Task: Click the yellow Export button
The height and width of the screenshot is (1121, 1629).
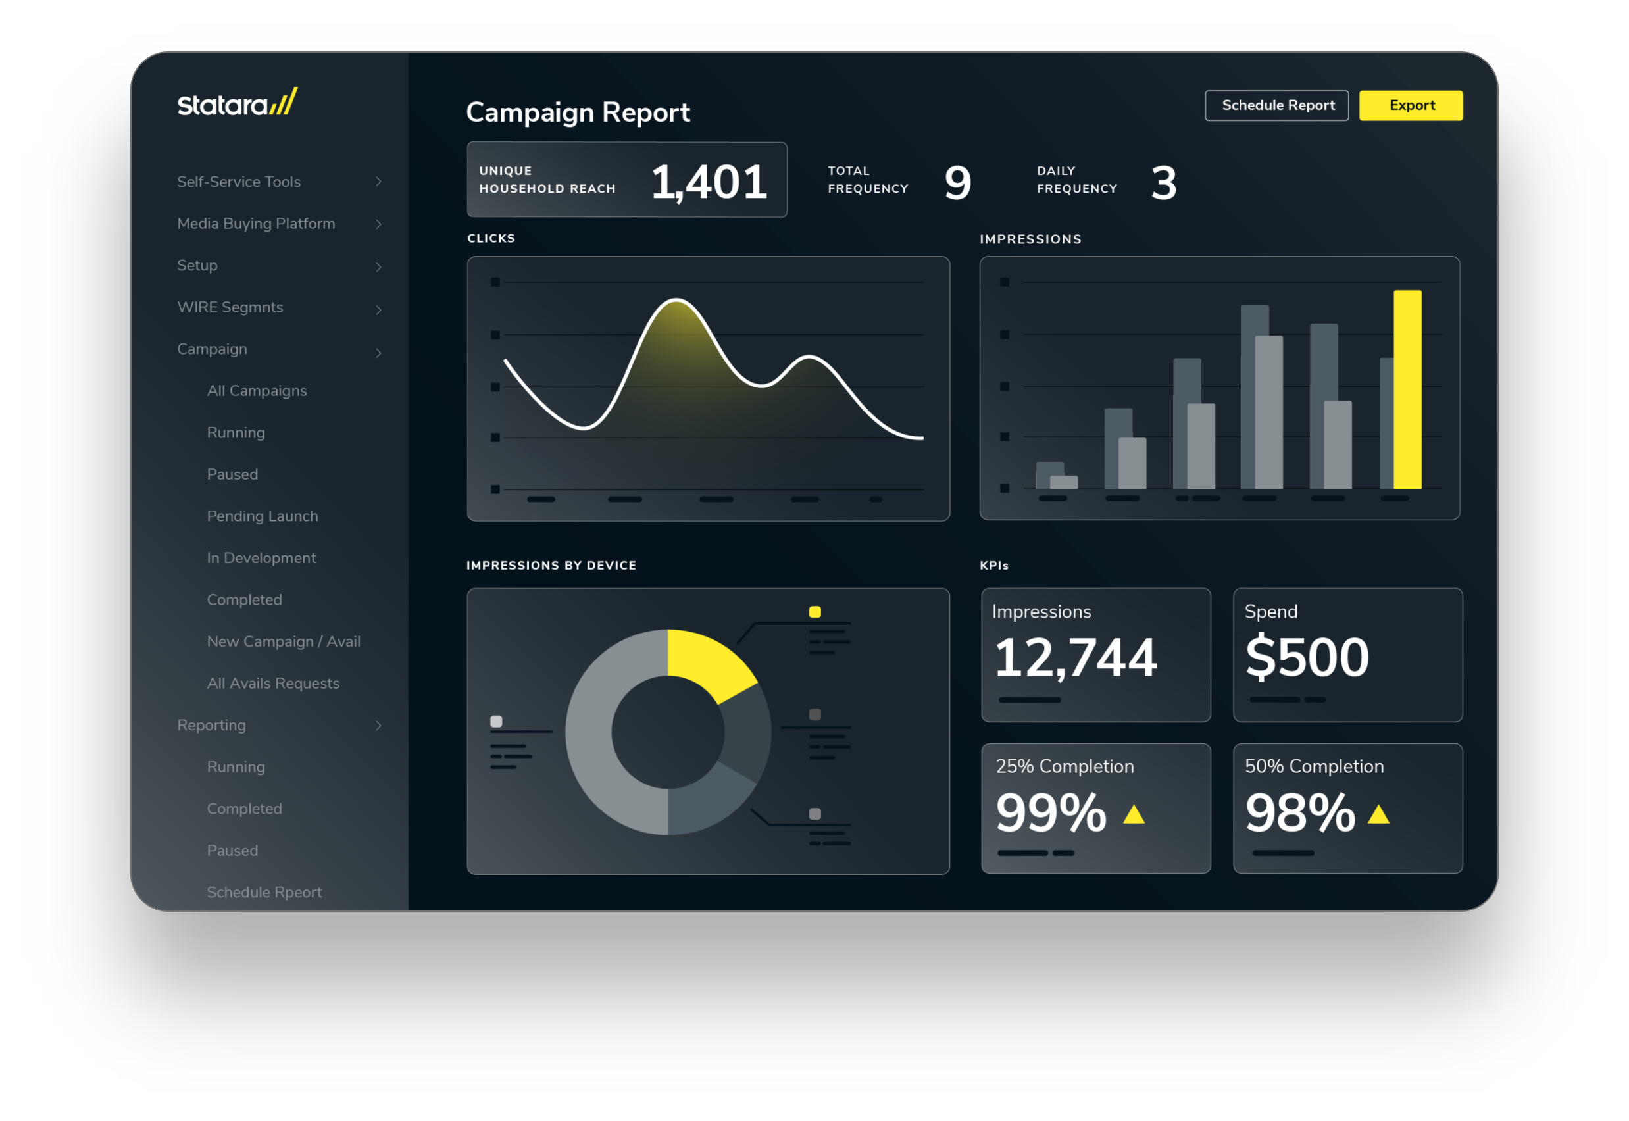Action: pos(1411,105)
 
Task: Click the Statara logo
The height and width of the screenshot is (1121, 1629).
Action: pos(238,103)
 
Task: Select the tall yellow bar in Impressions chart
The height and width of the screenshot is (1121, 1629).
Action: pos(1407,390)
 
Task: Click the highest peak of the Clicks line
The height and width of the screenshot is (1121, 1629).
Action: pos(676,301)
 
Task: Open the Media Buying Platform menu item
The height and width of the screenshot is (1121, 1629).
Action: pos(256,224)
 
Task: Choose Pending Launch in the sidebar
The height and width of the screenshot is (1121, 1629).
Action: pos(262,516)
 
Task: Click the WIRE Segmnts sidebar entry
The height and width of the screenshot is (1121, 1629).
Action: pos(230,308)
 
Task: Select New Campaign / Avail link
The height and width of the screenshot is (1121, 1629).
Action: pos(283,641)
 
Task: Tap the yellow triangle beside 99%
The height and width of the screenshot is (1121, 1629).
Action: pos(1134,814)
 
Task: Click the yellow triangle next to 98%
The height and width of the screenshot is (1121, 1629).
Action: pos(1378,814)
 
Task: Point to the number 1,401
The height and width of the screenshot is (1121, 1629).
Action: pos(708,183)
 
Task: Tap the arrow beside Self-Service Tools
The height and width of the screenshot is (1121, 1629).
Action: pos(378,182)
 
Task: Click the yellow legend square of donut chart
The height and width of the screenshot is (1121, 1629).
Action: pos(815,612)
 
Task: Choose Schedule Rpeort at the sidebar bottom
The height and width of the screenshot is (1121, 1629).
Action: pos(264,892)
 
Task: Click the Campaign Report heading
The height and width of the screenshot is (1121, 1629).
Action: pos(578,112)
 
